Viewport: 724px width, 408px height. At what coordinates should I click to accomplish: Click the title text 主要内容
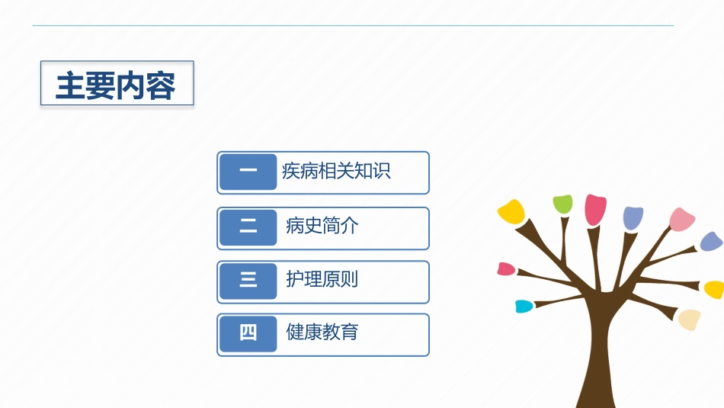[x=115, y=85]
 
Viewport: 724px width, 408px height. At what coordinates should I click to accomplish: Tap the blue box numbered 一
[x=248, y=172]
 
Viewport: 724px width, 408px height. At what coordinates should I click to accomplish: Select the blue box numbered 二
[x=248, y=227]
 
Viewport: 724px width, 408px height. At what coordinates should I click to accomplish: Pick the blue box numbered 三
[x=248, y=281]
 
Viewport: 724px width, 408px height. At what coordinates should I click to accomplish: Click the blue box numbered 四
[x=248, y=334]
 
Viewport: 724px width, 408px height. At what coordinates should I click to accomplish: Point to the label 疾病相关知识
[x=336, y=171]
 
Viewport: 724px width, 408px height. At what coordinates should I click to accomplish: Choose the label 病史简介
[x=322, y=226]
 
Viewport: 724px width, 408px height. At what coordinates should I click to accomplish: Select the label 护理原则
[x=322, y=279]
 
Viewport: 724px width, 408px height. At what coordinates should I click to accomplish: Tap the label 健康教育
[x=322, y=332]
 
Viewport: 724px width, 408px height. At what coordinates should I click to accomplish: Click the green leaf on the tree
[x=563, y=204]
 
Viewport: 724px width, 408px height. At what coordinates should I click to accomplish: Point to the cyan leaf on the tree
[x=524, y=307]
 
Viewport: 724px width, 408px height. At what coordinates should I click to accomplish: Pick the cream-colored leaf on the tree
[x=690, y=320]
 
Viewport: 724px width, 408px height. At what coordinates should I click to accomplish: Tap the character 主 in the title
[x=70, y=86]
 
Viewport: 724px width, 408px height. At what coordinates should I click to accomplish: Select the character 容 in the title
[x=161, y=86]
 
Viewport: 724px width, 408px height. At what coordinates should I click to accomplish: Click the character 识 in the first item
[x=382, y=171]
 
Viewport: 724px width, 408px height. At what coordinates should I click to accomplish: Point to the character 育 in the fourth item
[x=350, y=332]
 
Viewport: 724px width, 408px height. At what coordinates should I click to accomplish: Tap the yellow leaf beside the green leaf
[x=511, y=211]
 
